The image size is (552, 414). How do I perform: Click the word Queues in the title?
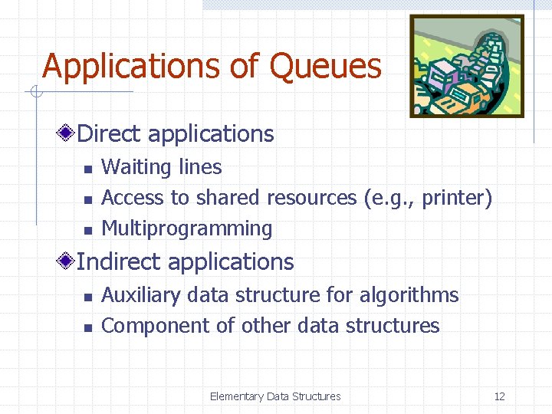coord(325,67)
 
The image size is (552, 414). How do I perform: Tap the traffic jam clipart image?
coord(466,66)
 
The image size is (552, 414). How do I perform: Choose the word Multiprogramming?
coord(186,228)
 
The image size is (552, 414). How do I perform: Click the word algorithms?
coord(411,295)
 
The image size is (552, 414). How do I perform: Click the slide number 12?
coord(499,396)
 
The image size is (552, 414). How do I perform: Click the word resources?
coord(311,198)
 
